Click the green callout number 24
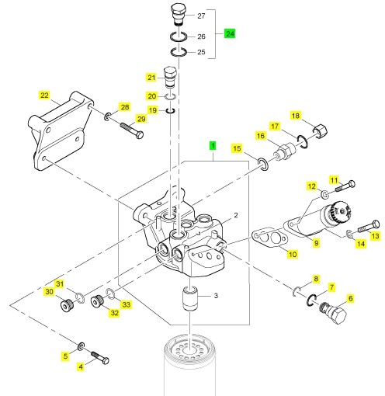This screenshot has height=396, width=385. point(230,33)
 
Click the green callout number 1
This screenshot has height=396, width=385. point(213,146)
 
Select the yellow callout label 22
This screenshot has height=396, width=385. point(44,95)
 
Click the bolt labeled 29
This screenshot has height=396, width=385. point(132,130)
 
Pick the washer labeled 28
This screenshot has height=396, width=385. point(107,116)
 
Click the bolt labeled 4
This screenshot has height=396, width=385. point(100,358)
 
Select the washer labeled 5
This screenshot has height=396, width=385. point(81,346)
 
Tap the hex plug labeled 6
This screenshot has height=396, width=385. point(333,312)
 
